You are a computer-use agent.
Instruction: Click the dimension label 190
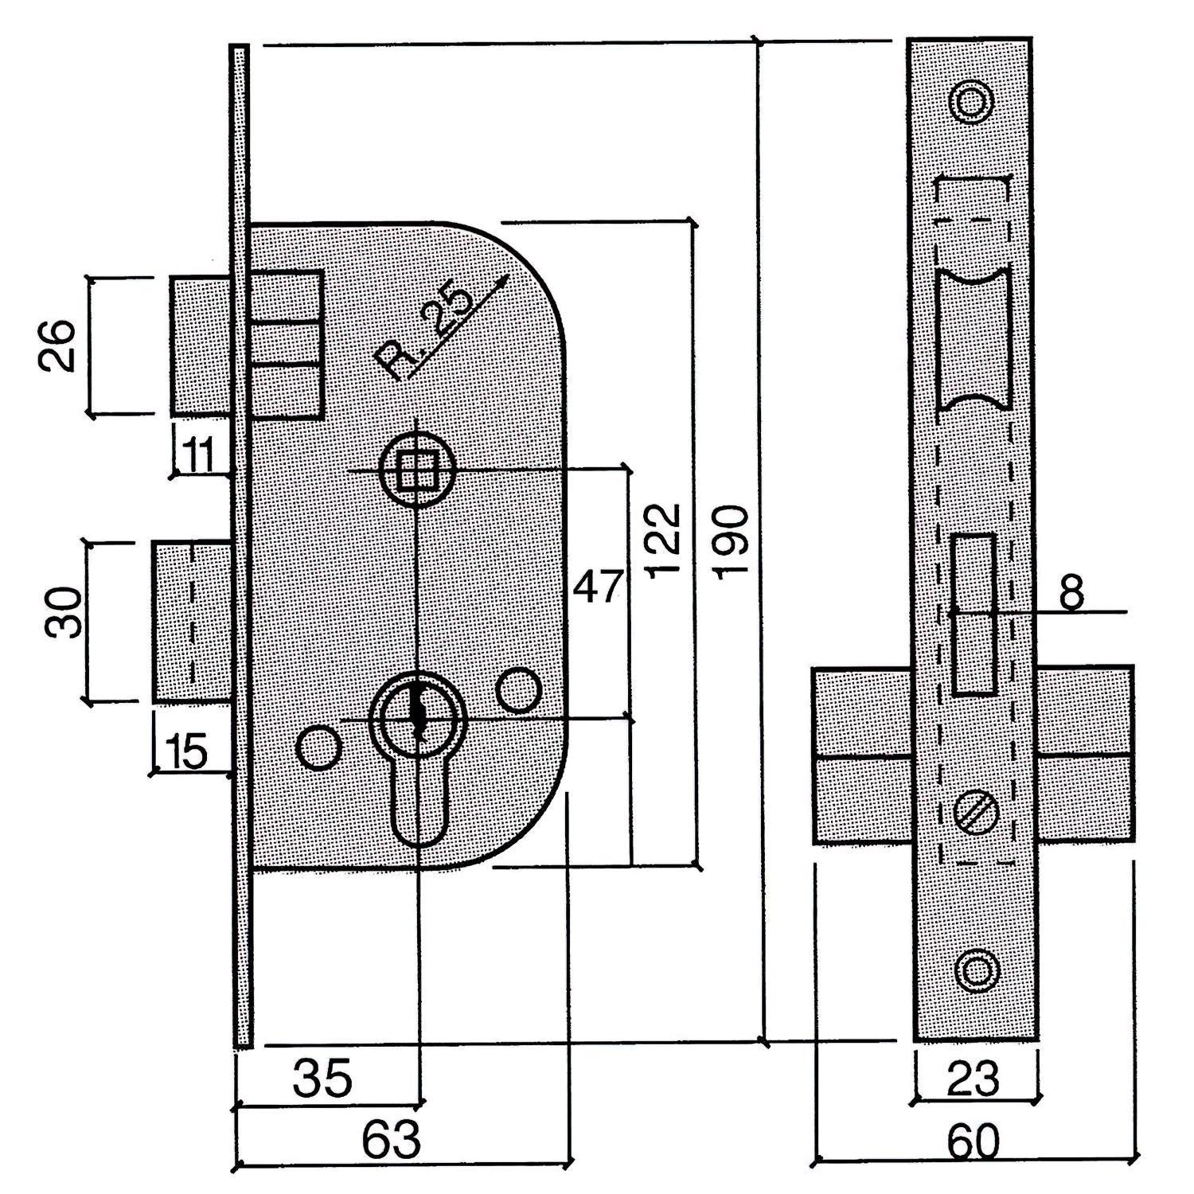click(732, 540)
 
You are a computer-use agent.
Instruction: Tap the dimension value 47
click(598, 587)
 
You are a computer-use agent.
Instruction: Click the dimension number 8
click(1072, 592)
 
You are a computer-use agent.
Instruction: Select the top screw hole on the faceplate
click(972, 103)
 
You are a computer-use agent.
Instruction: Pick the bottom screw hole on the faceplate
click(975, 970)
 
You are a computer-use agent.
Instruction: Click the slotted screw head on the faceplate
click(975, 813)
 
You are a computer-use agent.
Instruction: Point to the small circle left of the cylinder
click(318, 747)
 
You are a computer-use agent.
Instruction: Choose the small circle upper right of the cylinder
click(519, 689)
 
